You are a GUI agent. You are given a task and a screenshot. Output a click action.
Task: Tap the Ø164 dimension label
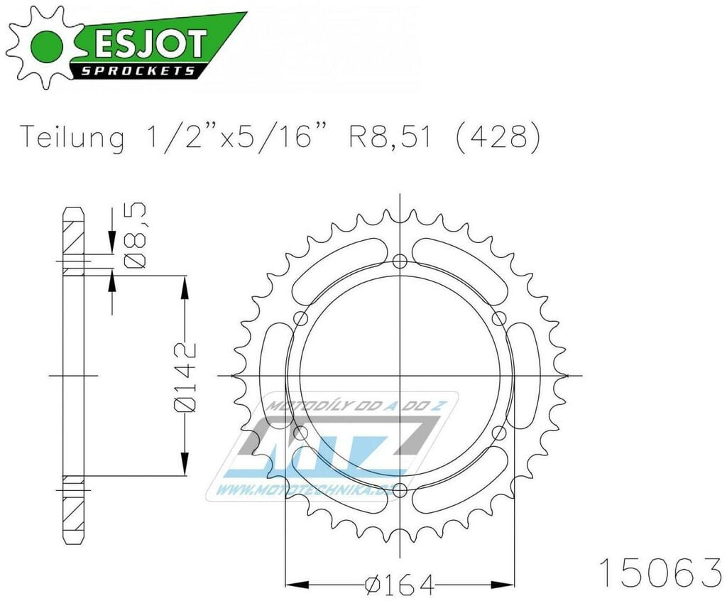[399, 584]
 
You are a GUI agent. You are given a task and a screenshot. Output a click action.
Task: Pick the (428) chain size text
[498, 136]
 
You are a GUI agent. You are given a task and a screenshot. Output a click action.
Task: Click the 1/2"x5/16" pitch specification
[234, 136]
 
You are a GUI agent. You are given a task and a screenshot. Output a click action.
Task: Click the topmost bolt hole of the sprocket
[400, 261]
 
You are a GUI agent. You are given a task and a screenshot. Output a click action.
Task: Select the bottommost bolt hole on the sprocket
[400, 489]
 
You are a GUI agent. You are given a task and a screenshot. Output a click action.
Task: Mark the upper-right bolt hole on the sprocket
[498, 318]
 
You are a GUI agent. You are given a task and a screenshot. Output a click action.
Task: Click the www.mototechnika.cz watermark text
[312, 489]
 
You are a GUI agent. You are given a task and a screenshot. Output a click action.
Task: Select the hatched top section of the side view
[73, 234]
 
